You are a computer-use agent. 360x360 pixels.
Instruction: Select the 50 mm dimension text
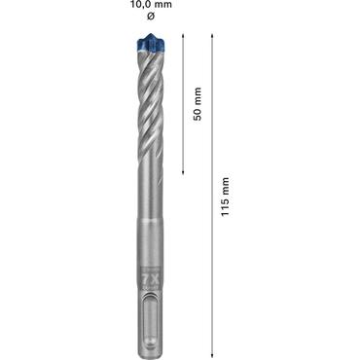(x=198, y=104)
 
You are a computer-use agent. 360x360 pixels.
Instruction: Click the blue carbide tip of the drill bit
(x=151, y=43)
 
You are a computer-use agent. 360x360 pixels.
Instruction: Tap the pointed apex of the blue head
(x=151, y=34)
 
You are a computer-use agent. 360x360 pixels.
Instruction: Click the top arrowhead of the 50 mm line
(x=184, y=36)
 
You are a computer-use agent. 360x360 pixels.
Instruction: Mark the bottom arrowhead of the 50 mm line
(x=184, y=172)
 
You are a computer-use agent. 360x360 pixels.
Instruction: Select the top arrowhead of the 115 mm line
(x=211, y=36)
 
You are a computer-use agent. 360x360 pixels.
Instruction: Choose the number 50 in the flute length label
(x=198, y=112)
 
